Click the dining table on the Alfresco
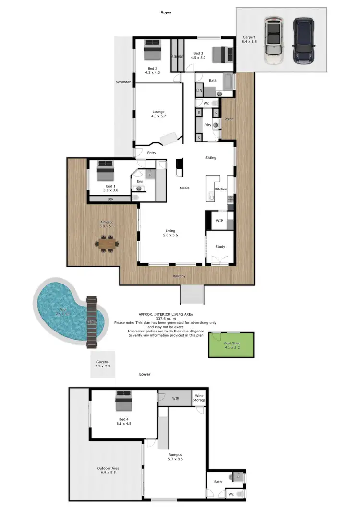[x=107, y=243]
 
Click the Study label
[x=220, y=247]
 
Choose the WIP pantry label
[x=219, y=220]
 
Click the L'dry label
[x=207, y=125]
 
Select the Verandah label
[x=123, y=83]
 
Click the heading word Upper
[x=166, y=12]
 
